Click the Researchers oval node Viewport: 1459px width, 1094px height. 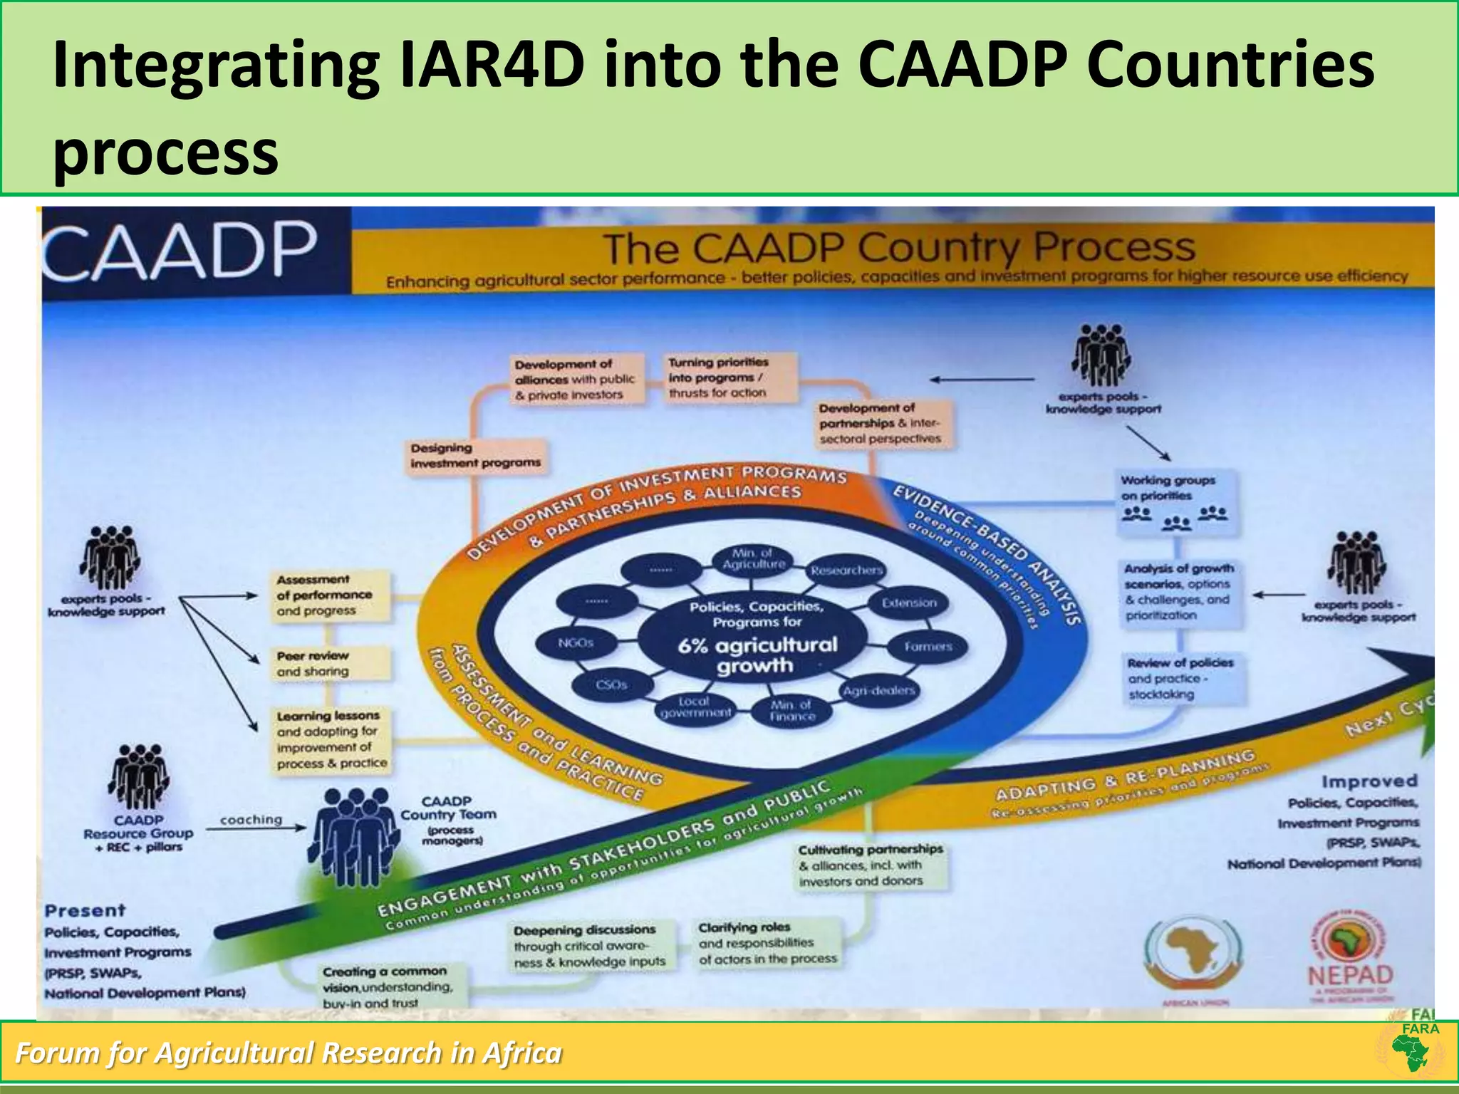click(x=846, y=571)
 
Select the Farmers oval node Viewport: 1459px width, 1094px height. click(x=928, y=647)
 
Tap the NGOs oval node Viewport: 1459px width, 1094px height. click(x=576, y=643)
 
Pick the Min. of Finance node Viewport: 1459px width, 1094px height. click(x=791, y=710)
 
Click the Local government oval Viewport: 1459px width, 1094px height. click(x=695, y=707)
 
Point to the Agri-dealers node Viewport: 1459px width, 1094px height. click(x=878, y=691)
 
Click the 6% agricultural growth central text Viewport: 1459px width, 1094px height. click(x=757, y=655)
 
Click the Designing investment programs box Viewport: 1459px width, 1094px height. click(x=475, y=456)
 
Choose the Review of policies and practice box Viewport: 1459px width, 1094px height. click(x=1183, y=679)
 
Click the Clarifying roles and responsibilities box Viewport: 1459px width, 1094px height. click(x=768, y=943)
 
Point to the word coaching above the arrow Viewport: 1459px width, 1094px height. click(x=251, y=820)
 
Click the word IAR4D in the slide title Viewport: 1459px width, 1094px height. click(x=491, y=66)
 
